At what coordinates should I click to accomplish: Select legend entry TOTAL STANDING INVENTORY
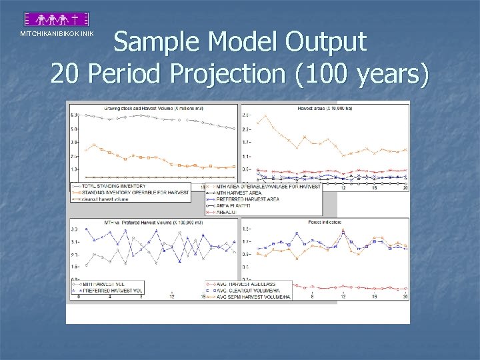113,186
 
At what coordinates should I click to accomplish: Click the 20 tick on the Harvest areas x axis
405,188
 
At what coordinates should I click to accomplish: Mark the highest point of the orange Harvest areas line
265,115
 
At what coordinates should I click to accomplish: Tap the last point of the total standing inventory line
234,129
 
